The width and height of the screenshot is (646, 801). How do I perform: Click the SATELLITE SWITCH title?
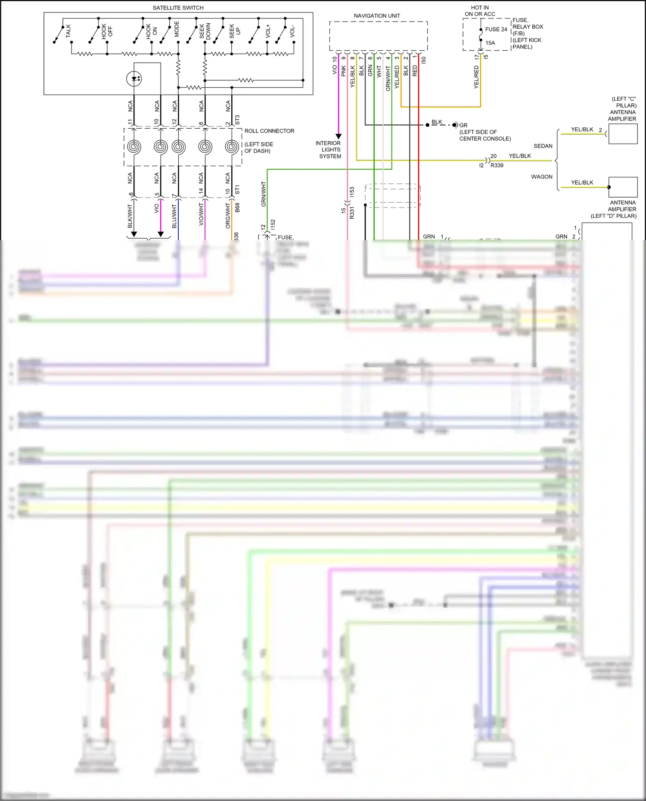(178, 8)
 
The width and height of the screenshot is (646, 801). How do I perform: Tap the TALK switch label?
(68, 31)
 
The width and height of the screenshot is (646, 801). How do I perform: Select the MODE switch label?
(177, 29)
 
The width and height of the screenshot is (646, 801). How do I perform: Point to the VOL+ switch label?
(268, 31)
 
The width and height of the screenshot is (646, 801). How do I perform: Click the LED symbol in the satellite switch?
(134, 79)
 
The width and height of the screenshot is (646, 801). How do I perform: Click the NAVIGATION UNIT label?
(377, 16)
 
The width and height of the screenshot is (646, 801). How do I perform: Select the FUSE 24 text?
(496, 29)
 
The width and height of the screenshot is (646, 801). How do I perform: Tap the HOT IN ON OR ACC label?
(480, 11)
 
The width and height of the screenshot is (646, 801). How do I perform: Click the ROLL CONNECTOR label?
(269, 131)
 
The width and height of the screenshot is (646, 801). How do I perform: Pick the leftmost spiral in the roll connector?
(134, 147)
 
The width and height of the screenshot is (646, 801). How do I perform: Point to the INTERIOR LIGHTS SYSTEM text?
(329, 150)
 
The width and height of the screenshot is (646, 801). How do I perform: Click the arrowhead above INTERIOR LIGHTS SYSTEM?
(339, 136)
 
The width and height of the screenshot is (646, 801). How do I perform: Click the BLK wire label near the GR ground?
(437, 122)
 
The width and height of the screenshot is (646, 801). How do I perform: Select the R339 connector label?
(497, 165)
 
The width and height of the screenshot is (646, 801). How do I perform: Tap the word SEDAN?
(543, 146)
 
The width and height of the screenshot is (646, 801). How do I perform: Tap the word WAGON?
(541, 177)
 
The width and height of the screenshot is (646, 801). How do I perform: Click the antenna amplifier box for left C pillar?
(623, 134)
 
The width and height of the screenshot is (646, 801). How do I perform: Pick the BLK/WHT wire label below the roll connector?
(130, 216)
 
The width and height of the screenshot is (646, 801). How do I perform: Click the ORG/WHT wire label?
(228, 216)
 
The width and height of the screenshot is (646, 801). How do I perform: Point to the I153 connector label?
(352, 192)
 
